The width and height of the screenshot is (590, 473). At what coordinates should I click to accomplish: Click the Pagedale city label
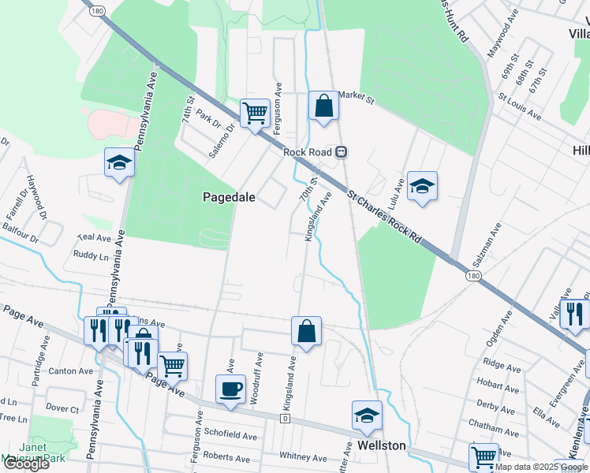coord(230,197)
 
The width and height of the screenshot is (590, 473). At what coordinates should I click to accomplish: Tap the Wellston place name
coord(381,445)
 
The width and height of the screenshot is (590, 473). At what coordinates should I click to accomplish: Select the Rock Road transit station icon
coord(342,152)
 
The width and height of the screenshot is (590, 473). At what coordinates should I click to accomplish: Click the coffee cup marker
coord(230,389)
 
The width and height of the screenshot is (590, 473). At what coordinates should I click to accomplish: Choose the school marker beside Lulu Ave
coord(422,187)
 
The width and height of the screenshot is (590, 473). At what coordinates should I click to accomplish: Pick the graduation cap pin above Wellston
coord(367,415)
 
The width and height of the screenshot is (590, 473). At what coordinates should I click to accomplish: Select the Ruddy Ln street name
coord(91,255)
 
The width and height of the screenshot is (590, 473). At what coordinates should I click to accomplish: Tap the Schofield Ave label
coord(230,435)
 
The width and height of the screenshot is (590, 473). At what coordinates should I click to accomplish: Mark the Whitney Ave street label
coord(303,458)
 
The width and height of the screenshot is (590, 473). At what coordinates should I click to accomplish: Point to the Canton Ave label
coord(71,371)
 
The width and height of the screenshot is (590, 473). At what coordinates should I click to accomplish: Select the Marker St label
coord(356,95)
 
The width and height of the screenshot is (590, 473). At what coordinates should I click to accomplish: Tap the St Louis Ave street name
coord(519,110)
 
